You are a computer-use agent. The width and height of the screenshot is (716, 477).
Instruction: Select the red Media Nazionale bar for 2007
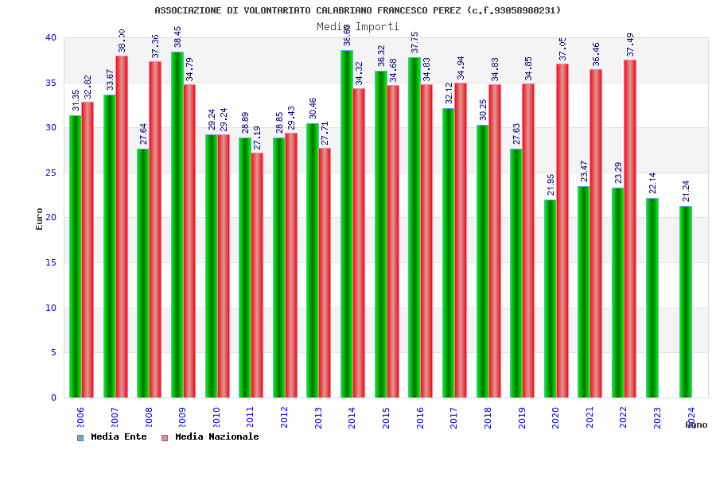point(122,227)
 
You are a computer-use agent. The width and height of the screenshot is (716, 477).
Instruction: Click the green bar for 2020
point(551,298)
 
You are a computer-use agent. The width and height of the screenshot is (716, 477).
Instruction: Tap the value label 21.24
point(686,192)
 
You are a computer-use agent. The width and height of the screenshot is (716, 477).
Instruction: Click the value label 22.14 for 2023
point(652,184)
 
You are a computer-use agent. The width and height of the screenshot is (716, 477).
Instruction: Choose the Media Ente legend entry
point(112,437)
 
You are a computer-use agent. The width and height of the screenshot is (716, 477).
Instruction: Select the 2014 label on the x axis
point(352,418)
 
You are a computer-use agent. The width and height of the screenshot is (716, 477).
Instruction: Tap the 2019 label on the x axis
point(521,418)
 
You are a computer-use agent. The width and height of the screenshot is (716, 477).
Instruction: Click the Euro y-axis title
point(40,219)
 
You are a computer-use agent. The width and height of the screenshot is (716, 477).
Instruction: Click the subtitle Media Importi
point(357,26)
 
